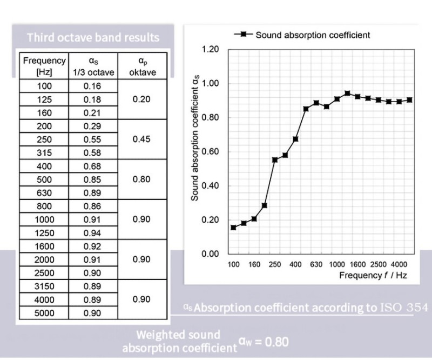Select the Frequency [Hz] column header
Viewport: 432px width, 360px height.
pos(44,66)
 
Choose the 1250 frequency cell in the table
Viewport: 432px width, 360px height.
pos(44,232)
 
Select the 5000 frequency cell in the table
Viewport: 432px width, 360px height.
pos(44,313)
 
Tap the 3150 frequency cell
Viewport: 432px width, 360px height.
pos(44,286)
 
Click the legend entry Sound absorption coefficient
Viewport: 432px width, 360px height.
pos(312,35)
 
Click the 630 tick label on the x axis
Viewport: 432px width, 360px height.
pos(316,265)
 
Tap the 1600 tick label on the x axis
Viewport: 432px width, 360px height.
pos(357,265)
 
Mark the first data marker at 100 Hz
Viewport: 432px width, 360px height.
pos(233,228)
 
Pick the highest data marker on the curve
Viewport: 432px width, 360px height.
pos(347,94)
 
